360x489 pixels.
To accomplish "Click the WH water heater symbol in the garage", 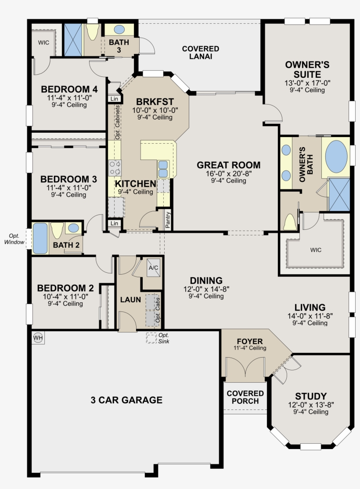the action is pyautogui.click(x=38, y=337).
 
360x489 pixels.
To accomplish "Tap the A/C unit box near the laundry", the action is pyautogui.click(x=153, y=268).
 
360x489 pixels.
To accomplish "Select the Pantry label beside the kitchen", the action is pyautogui.click(x=168, y=220).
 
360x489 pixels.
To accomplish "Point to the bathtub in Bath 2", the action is pyautogui.click(x=40, y=238).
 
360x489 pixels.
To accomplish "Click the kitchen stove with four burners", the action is pyautogui.click(x=115, y=168).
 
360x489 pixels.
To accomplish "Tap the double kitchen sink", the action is pyautogui.click(x=163, y=169).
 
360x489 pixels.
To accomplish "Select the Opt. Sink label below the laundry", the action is pyautogui.click(x=164, y=338).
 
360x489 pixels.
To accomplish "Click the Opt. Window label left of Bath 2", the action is pyautogui.click(x=14, y=239).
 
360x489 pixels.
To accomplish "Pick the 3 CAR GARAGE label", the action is pyautogui.click(x=126, y=400).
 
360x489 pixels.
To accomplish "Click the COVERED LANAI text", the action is pyautogui.click(x=201, y=52).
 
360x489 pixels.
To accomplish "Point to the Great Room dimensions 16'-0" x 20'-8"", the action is pyautogui.click(x=229, y=174).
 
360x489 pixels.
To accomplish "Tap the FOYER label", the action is pyautogui.click(x=250, y=341).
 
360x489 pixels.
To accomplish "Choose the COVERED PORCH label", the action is pyautogui.click(x=245, y=397).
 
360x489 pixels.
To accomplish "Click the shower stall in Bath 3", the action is pyautogui.click(x=73, y=40).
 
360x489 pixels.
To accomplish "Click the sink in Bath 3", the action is pyautogui.click(x=119, y=29).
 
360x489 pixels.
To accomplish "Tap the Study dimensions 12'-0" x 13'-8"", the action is pyautogui.click(x=311, y=405).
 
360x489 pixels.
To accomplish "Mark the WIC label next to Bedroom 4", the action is pyautogui.click(x=43, y=43).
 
